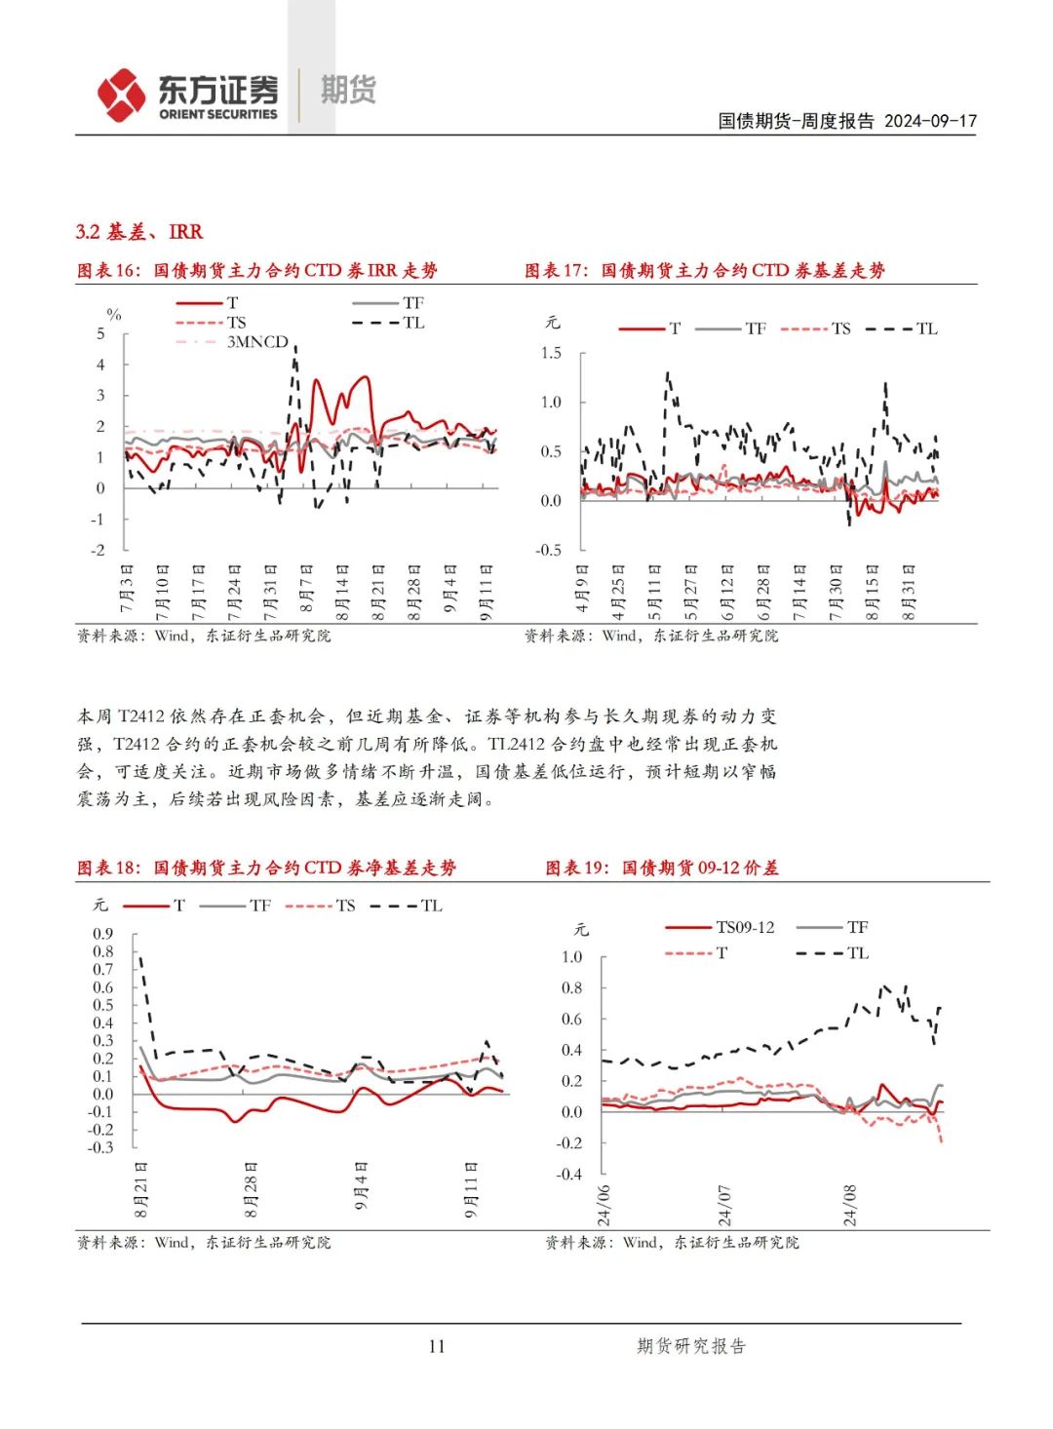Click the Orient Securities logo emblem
coord(121,95)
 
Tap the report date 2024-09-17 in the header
coord(930,121)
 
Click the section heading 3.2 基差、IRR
coord(139,232)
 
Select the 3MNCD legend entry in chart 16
coord(257,342)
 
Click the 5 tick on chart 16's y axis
coord(100,333)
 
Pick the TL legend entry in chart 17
coord(926,328)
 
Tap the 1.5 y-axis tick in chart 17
coord(551,353)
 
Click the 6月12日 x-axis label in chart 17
coord(727,592)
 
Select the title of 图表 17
coord(704,271)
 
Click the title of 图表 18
coord(266,868)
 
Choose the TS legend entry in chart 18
coord(345,906)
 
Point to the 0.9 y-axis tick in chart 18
coord(102,934)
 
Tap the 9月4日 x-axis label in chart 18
coord(362,1186)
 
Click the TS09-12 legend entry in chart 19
coord(745,927)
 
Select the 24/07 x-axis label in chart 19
coord(724,1206)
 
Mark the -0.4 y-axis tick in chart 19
coord(568,1174)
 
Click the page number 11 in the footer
coord(436,1346)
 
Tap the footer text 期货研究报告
coord(690,1346)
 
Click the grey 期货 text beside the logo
coord(348,90)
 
